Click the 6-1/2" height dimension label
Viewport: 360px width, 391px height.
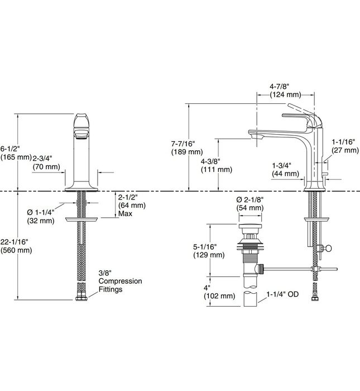tap(12, 152)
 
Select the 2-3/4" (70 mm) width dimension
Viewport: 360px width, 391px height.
tap(46, 163)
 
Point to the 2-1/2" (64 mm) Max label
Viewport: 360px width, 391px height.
tap(132, 205)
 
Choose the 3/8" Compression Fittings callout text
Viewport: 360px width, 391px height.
tap(119, 282)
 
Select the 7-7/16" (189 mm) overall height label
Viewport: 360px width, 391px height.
tap(187, 147)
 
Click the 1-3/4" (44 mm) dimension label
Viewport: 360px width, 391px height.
tap(285, 169)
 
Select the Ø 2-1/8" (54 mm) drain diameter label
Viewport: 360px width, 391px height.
tap(249, 203)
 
